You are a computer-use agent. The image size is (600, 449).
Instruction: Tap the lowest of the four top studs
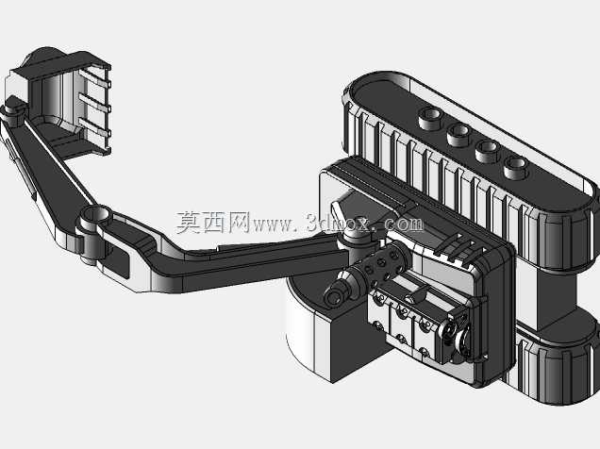(517, 168)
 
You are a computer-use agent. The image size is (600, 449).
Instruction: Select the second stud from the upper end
(459, 135)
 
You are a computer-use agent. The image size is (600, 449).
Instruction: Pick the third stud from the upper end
(488, 152)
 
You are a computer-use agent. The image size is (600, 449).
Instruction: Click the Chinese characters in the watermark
(213, 223)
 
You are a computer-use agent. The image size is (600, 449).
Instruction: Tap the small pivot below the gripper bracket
(14, 110)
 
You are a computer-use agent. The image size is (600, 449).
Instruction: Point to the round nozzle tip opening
(335, 298)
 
